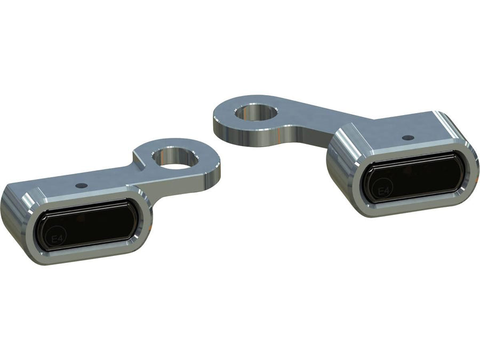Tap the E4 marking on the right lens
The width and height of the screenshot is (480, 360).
click(x=383, y=191)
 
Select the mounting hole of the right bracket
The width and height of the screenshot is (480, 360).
click(x=258, y=112)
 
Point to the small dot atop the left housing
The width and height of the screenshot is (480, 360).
click(x=81, y=185)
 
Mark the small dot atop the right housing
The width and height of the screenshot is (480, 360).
click(x=409, y=137)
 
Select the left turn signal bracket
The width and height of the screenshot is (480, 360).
click(x=107, y=203)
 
